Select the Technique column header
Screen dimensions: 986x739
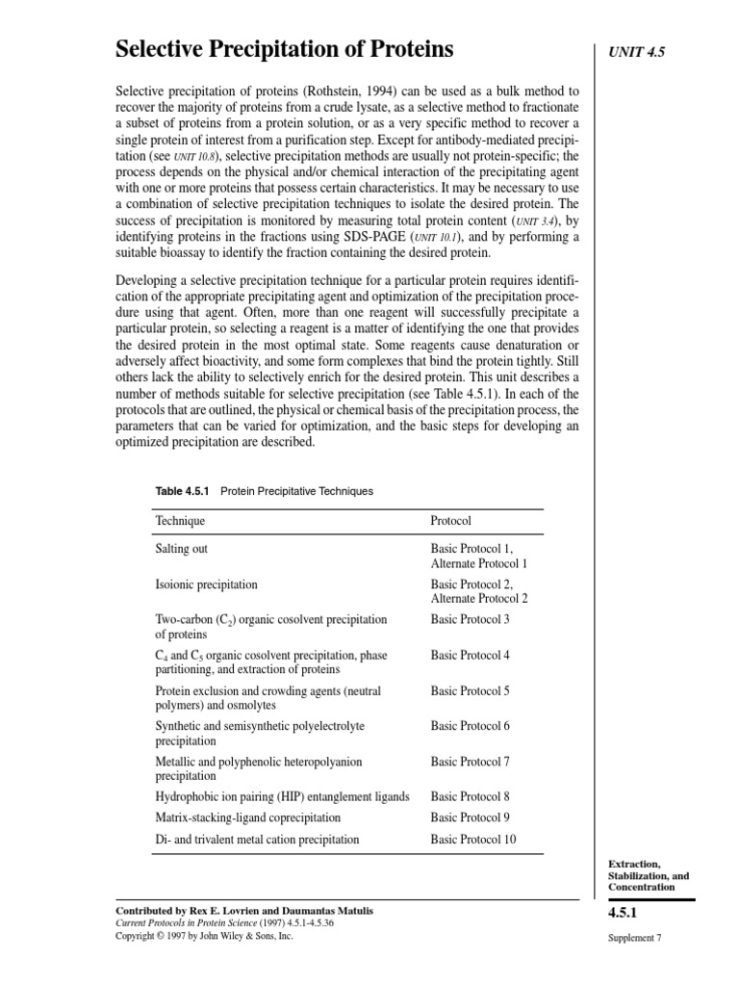[180, 521]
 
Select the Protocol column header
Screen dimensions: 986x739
[450, 521]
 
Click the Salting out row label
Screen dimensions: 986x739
[182, 549]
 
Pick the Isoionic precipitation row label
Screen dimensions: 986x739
[206, 584]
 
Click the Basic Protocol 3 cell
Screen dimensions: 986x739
[470, 619]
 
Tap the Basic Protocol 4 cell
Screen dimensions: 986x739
[470, 656]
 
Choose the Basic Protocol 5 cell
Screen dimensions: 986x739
[470, 691]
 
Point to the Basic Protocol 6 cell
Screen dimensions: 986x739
[470, 726]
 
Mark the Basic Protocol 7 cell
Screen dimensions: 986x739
[470, 762]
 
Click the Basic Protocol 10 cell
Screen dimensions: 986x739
[473, 839]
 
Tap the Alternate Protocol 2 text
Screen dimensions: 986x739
[479, 598]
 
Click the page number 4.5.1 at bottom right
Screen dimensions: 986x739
[626, 913]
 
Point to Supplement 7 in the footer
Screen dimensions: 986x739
[633, 938]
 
